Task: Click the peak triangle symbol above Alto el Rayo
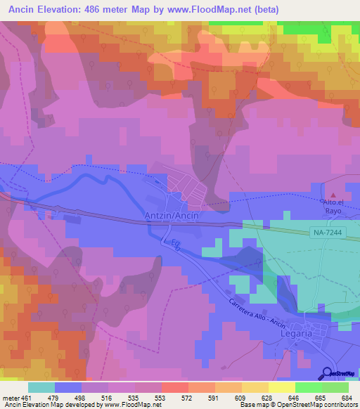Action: click(x=333, y=195)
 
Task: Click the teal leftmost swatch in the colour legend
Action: click(x=41, y=387)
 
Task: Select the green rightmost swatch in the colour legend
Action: click(x=335, y=387)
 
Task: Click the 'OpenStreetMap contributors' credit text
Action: click(x=321, y=405)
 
